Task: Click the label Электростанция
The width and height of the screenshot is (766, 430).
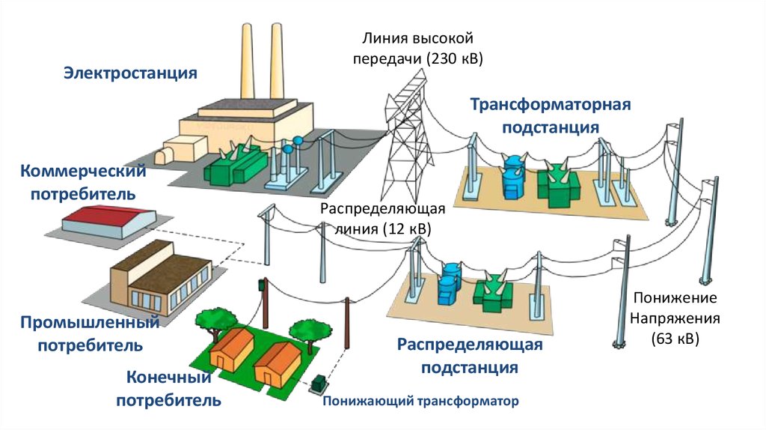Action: [129, 73]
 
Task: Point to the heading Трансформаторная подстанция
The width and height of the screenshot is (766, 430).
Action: [551, 115]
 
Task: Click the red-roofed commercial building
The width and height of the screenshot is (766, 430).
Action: [108, 222]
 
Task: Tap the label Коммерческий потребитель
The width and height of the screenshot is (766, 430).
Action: [82, 183]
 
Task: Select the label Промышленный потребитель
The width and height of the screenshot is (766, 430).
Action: [90, 334]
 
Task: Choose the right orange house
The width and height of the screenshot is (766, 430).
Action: [277, 363]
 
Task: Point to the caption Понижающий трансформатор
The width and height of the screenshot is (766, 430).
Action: [420, 402]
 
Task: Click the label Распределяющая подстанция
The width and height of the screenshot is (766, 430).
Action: [469, 357]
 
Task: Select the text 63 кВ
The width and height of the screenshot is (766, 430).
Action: [675, 338]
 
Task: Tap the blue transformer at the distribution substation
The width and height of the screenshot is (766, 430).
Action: [450, 281]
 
